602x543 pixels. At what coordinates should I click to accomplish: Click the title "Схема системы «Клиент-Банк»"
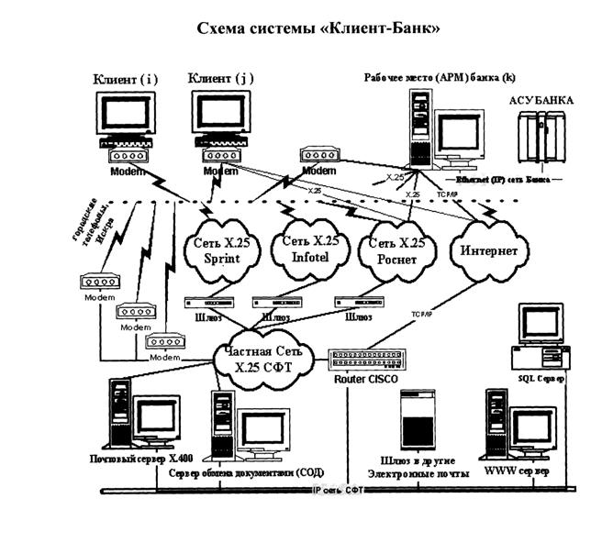click(x=300, y=28)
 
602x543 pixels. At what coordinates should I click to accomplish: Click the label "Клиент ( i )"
click(x=125, y=79)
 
